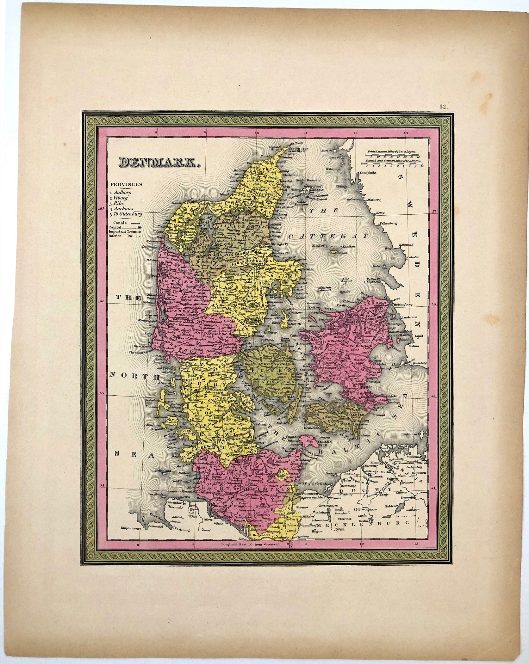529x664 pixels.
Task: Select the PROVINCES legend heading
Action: pyautogui.click(x=126, y=184)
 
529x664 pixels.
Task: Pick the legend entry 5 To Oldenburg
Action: pyautogui.click(x=126, y=214)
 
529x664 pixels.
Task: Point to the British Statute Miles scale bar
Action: pyautogui.click(x=393, y=155)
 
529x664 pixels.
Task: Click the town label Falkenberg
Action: pyautogui.click(x=388, y=223)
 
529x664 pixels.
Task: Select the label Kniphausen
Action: pyautogui.click(x=130, y=528)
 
